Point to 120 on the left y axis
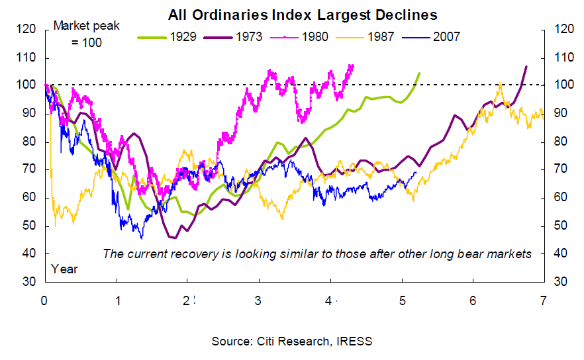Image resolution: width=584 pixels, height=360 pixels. pyautogui.click(x=26, y=30)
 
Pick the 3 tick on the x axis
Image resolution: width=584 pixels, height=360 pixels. pyautogui.click(x=258, y=298)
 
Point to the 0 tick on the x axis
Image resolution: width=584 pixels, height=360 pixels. pyautogui.click(x=44, y=298)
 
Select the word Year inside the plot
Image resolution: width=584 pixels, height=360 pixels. pyautogui.click(x=64, y=269)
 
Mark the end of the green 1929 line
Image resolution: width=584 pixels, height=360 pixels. pyautogui.click(x=418, y=73)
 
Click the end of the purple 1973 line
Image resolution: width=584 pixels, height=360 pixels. pyautogui.click(x=526, y=66)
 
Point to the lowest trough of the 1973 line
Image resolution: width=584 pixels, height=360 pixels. pyautogui.click(x=174, y=237)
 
